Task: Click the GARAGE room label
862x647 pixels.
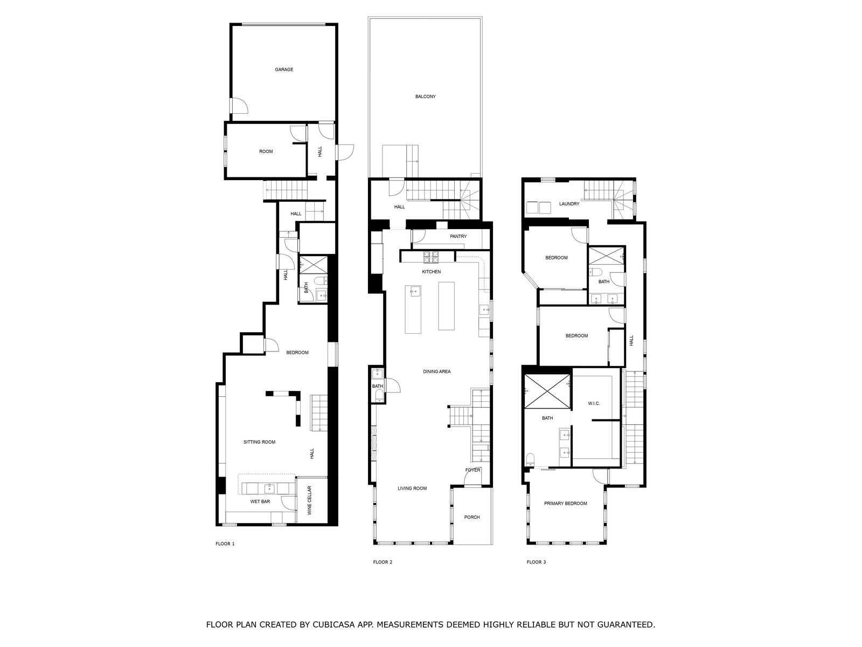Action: coord(283,70)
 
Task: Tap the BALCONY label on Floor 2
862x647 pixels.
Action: coord(425,97)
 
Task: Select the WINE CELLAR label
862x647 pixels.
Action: coord(309,500)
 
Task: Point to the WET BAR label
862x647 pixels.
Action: coord(260,501)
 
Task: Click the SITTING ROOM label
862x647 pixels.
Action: coord(259,442)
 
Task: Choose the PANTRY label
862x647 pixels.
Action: coord(458,236)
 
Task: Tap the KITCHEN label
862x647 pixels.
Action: coord(431,271)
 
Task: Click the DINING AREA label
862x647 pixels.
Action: coord(437,371)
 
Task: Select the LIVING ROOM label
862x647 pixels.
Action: coord(412,488)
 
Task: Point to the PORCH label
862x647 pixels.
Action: coord(471,517)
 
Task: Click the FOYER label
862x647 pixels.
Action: coord(472,470)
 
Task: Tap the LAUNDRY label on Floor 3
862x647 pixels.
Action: coord(569,204)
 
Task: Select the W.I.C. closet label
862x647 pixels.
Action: coord(594,403)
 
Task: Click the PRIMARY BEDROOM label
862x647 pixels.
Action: coord(566,503)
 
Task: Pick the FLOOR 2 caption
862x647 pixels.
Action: coord(383,562)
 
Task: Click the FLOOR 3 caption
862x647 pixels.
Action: coord(536,562)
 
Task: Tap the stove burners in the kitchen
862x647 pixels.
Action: coord(431,257)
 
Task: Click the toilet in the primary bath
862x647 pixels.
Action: coord(530,458)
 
